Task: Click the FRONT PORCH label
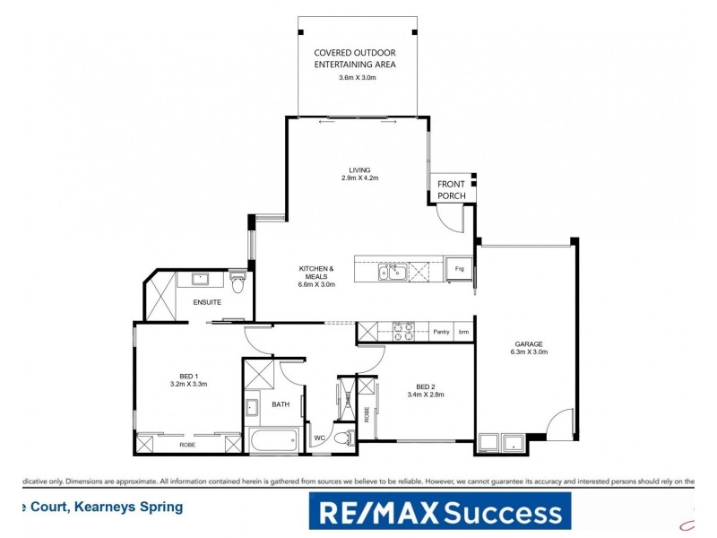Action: tap(451, 190)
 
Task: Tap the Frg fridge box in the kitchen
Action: tap(459, 268)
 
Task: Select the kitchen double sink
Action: tap(393, 271)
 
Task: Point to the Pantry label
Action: tap(441, 332)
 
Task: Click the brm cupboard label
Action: tap(463, 332)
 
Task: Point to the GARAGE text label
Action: tap(529, 343)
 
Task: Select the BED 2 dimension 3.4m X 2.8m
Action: tap(426, 394)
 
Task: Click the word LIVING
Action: tap(359, 169)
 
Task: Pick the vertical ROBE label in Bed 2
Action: tap(367, 414)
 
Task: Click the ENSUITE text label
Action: tap(207, 302)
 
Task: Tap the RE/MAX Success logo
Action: tap(439, 513)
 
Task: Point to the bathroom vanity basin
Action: tap(254, 409)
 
